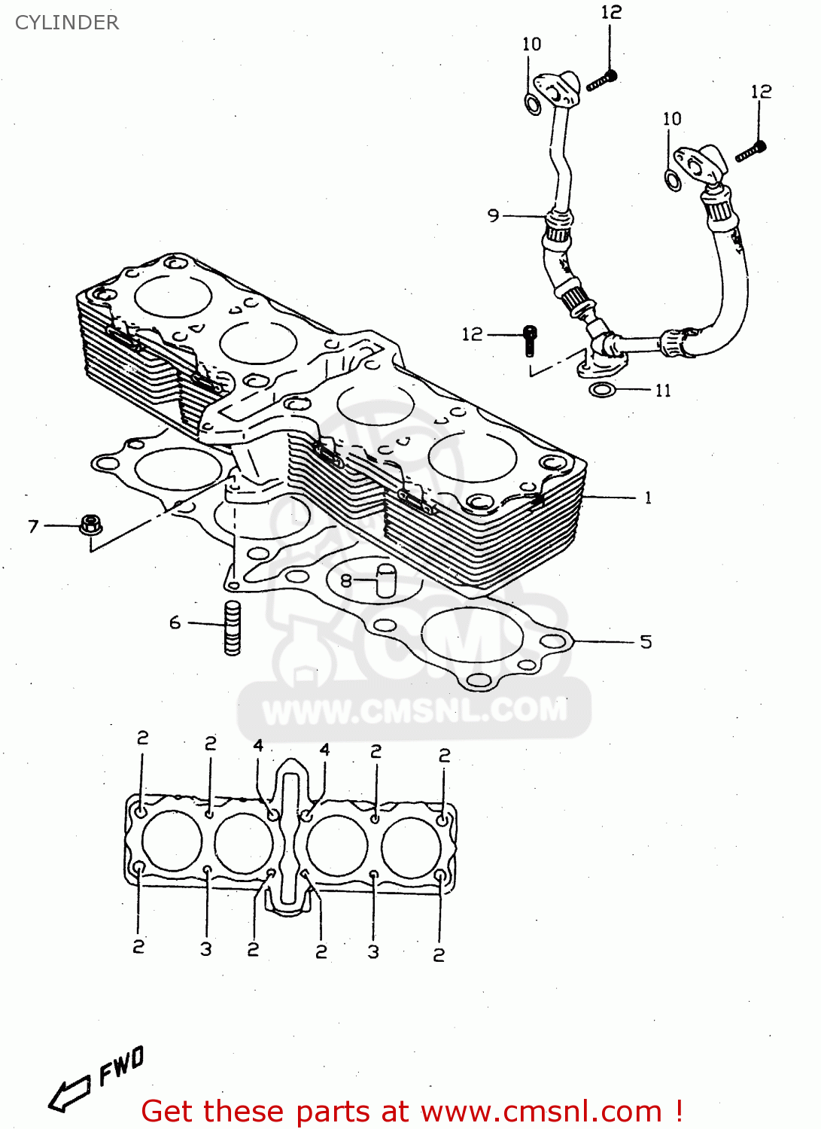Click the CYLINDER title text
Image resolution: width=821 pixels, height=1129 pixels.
coord(67,23)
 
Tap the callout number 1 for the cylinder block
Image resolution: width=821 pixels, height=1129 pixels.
coord(647,498)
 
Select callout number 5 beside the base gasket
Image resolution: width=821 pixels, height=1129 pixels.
coord(646,642)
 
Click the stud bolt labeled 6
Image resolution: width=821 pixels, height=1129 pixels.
coord(233,628)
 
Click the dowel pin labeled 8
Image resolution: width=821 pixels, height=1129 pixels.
coord(386,580)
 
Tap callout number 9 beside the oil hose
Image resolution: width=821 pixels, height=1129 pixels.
coord(493,215)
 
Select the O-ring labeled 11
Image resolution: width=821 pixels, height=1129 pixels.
coord(602,390)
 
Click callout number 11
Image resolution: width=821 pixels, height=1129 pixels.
coord(662,391)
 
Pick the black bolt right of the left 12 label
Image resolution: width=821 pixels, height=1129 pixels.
coord(530,340)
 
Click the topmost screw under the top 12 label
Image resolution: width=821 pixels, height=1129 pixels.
coord(601,80)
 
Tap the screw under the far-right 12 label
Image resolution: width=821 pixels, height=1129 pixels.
coord(750,151)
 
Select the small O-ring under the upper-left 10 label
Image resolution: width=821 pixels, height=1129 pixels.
coord(533,105)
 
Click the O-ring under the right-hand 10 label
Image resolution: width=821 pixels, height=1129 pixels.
coord(674,181)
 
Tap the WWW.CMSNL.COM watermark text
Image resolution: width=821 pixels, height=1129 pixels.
coord(415,710)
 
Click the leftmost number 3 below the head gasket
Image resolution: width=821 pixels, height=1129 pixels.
coord(206,949)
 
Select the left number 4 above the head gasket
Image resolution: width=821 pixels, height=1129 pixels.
coord(258,745)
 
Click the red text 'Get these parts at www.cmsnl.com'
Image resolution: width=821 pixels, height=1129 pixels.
coord(412,1111)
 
